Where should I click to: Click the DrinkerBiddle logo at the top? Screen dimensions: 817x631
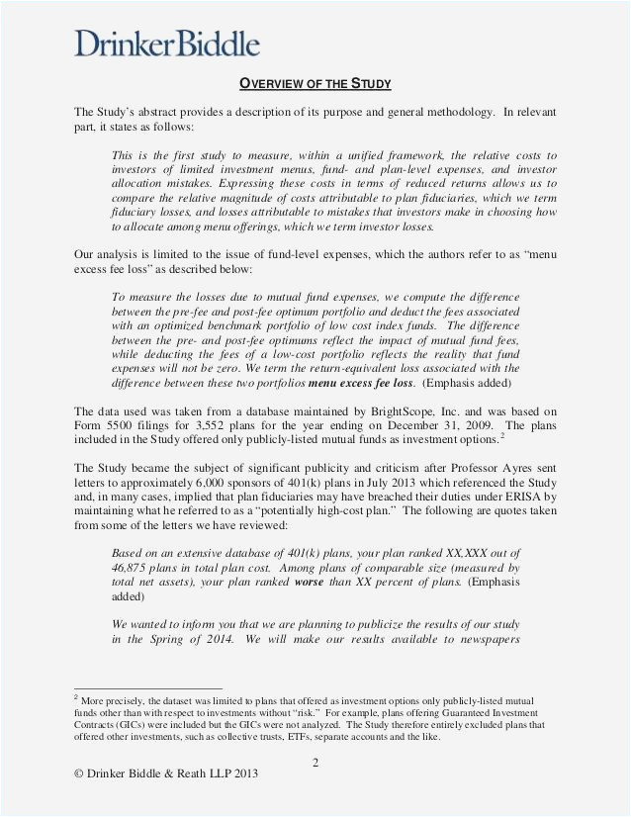pos(167,43)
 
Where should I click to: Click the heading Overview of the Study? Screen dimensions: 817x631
pos(315,82)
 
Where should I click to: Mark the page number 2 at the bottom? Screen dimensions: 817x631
pos(315,763)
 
